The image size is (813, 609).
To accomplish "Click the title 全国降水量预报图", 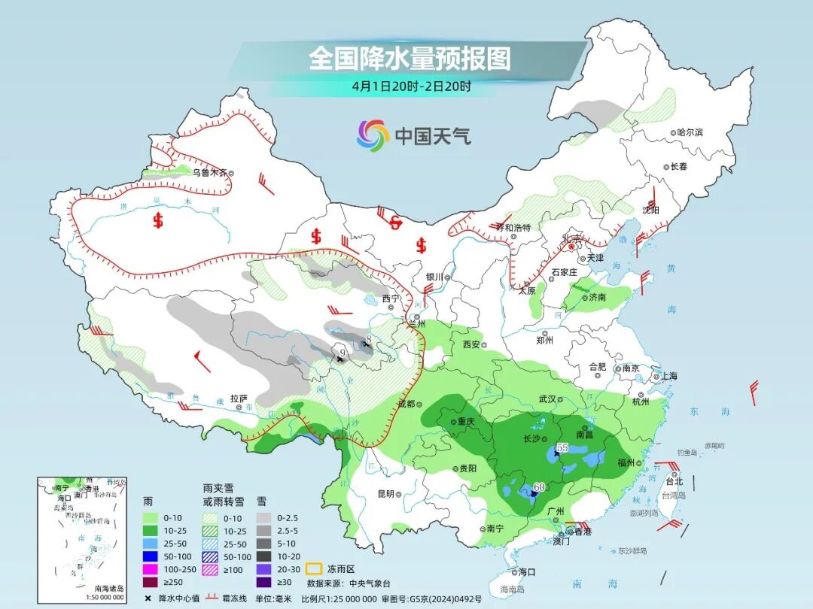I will (410, 59).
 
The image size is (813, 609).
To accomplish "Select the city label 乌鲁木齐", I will (209, 172).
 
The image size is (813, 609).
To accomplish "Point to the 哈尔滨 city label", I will (689, 132).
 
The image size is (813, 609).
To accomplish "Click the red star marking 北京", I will (571, 245).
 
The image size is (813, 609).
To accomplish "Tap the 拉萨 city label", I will (239, 398).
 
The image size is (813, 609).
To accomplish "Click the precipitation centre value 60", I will (539, 487).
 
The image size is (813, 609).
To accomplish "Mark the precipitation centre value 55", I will (562, 447).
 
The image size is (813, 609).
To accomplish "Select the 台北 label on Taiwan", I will (674, 481).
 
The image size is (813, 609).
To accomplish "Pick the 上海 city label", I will (668, 376).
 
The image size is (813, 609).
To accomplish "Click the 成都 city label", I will (406, 404).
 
